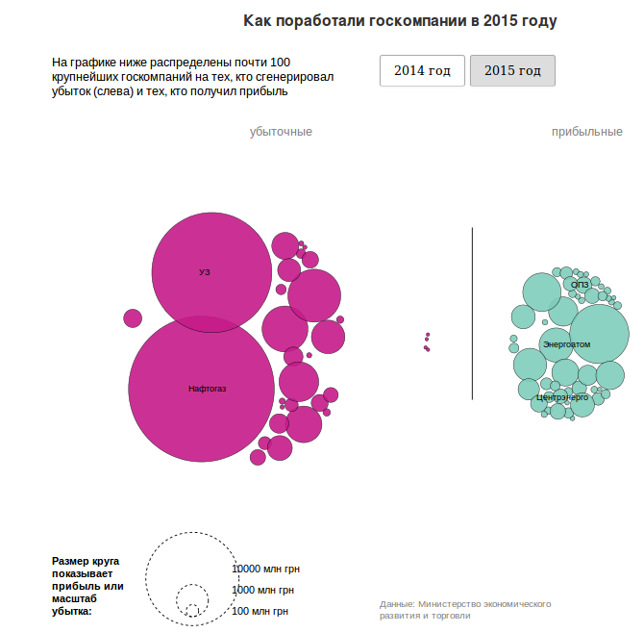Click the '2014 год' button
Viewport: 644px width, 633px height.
coord(422,71)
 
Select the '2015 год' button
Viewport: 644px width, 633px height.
coord(512,71)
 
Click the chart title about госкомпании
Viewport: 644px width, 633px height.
coord(400,20)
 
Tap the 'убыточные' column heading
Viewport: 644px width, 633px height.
coord(281,132)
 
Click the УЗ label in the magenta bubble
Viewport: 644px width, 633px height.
coord(204,272)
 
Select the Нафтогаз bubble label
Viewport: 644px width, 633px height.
coord(208,389)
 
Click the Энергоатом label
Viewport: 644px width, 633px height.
coord(566,343)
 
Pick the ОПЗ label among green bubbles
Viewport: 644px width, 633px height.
coord(580,285)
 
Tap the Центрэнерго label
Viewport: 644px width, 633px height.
coord(562,396)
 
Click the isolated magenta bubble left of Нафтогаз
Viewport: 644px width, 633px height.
coord(133,317)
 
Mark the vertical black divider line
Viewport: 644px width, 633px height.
coord(472,313)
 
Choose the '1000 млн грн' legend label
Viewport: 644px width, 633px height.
coord(262,590)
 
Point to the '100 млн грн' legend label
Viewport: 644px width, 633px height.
coord(260,611)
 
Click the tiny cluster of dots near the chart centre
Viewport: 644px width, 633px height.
coord(427,342)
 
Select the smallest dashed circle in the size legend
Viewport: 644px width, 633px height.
coord(192,610)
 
